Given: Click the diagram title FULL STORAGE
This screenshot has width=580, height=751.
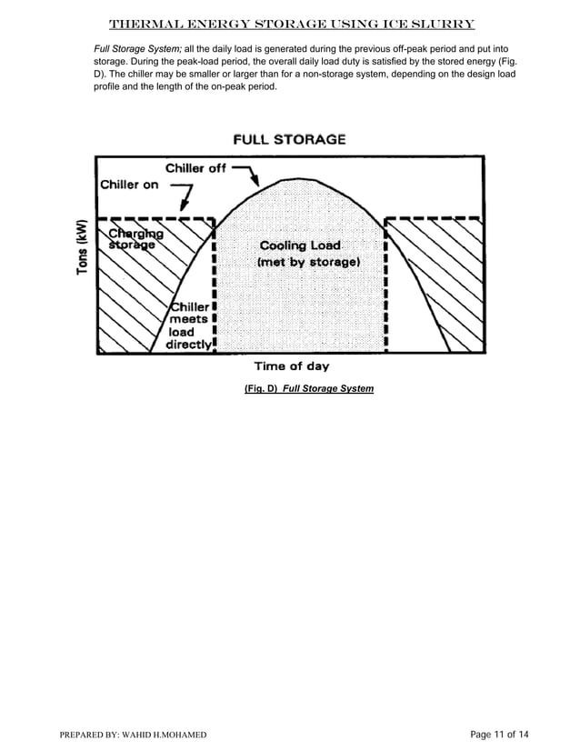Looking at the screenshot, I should pos(290,140).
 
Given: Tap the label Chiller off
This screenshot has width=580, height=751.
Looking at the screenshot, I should pos(195,168).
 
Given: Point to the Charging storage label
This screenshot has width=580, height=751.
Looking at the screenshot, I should pos(133,238).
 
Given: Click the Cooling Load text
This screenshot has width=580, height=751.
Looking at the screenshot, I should pos(300,245).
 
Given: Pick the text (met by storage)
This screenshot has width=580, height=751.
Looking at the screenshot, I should pos(308,262).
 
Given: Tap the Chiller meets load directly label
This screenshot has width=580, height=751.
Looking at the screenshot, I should pos(189,325).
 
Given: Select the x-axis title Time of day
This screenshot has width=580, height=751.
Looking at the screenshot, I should pos(291,366).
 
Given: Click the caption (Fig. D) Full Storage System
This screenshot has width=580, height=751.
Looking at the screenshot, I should pos(309,388).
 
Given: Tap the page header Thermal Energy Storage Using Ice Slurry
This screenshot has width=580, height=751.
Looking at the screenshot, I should pos(291,23).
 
